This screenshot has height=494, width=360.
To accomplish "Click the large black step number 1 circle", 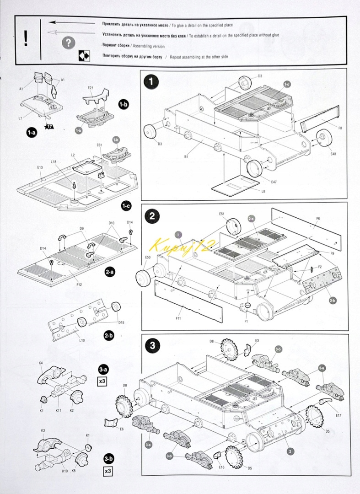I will (151, 82).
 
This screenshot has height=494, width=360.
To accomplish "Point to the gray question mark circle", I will (68, 43).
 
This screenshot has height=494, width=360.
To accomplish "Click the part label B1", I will (187, 156).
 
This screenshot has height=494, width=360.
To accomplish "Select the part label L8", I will (263, 191).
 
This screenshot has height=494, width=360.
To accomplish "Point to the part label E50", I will (148, 258).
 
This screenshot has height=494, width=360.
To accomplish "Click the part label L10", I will (81, 340).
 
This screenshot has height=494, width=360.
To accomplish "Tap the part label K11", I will (59, 410).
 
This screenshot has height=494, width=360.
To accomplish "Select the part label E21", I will (91, 88).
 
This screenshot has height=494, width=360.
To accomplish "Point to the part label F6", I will (318, 219).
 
